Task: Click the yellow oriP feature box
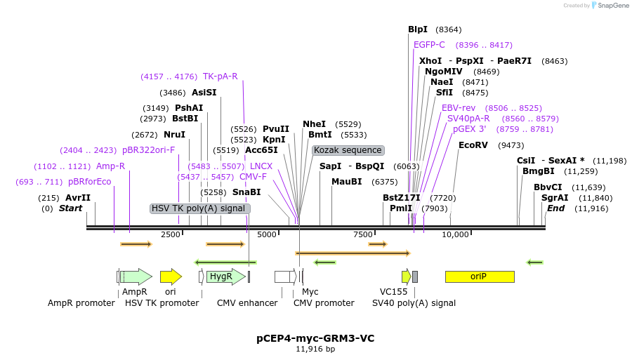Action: click(479, 276)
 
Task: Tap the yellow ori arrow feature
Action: click(171, 276)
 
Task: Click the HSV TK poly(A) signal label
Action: click(200, 208)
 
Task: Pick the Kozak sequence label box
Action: click(348, 150)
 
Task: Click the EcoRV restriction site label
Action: click(472, 145)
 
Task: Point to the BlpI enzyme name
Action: click(418, 29)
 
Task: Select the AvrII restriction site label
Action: click(78, 198)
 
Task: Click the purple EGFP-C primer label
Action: click(429, 45)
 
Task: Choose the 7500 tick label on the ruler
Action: click(363, 234)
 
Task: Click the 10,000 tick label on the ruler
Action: click(455, 234)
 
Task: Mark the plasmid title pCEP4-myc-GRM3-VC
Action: click(315, 338)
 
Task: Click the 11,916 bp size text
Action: click(315, 349)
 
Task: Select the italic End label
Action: click(555, 208)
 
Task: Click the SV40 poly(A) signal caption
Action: click(414, 303)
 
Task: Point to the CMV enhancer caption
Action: click(247, 303)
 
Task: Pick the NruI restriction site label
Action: click(174, 135)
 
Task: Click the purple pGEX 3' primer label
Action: click(469, 129)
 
